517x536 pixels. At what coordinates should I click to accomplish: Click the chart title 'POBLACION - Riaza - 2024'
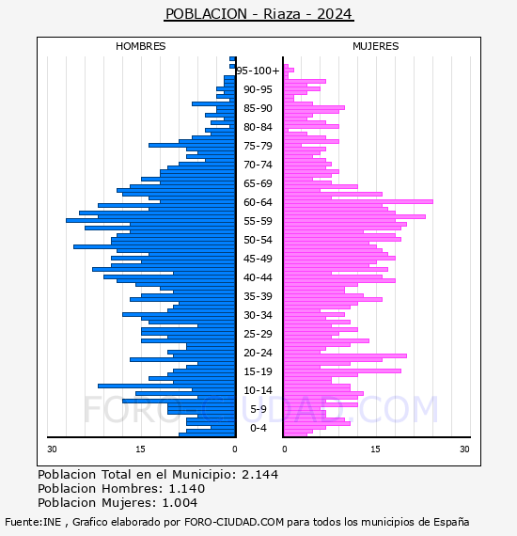tap(258, 14)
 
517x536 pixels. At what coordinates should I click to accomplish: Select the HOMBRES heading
tap(140, 46)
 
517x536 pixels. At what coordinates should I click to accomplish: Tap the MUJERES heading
tap(376, 46)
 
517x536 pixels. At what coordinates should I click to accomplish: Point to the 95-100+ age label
tap(258, 71)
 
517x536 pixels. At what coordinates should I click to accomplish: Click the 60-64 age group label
tap(258, 202)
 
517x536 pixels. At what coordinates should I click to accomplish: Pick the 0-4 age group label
tap(258, 428)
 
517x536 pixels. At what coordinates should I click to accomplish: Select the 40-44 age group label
tap(258, 277)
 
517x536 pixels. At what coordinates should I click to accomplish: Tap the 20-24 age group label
tap(258, 353)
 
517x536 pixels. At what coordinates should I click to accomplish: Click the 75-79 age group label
tap(258, 146)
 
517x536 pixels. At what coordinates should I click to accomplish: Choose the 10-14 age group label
tap(258, 390)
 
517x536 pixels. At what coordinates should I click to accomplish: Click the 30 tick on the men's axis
tap(52, 449)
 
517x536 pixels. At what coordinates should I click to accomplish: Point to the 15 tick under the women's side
tap(375, 449)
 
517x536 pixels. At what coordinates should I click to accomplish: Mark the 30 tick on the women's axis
tap(464, 449)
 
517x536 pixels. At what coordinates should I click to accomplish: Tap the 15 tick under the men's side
tap(140, 449)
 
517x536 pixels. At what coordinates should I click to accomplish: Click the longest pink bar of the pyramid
tap(358, 201)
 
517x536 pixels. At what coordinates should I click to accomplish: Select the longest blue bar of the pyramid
tap(150, 220)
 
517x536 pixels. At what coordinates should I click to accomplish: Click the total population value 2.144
tap(260, 475)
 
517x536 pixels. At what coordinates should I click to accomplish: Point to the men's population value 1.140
tap(187, 489)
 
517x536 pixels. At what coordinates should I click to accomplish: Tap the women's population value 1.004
tap(180, 503)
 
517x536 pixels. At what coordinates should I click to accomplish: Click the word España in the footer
tap(451, 522)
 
